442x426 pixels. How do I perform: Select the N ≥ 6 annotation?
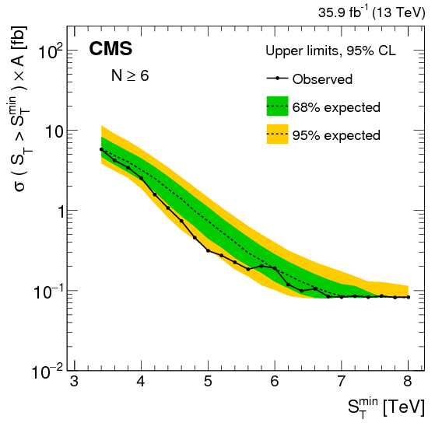pos(128,77)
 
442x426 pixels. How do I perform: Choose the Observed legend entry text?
pos(322,79)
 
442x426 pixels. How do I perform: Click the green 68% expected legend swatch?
pos(277,106)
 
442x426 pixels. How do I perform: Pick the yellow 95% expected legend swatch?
pos(277,134)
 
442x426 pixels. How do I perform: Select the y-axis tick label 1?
pos(56,211)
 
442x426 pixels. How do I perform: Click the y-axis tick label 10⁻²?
pos(47,370)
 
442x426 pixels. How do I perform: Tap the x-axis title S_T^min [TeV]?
pos(375,408)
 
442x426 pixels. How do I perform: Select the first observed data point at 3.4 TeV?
pos(101,149)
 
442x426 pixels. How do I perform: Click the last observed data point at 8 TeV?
pos(409,297)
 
